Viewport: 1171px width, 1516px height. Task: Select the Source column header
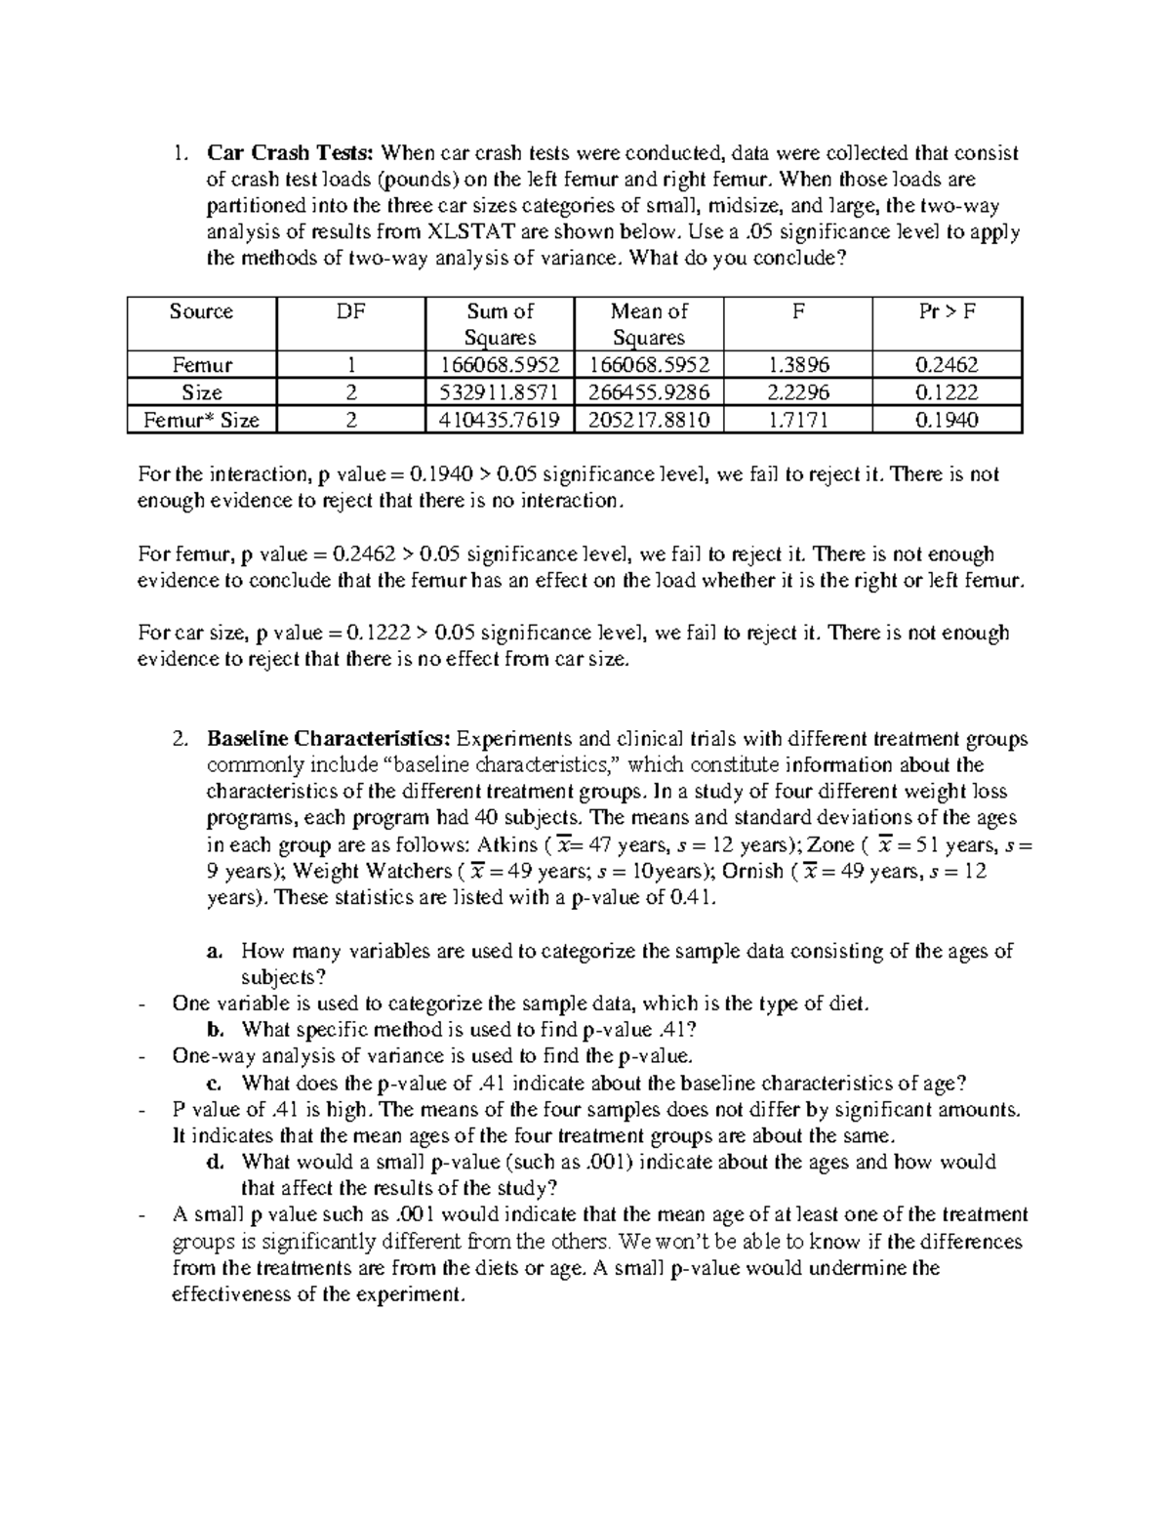click(201, 311)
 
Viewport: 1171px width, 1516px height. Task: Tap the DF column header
click(351, 311)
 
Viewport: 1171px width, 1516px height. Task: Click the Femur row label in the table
click(202, 366)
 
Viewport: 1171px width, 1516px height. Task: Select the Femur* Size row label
click(202, 421)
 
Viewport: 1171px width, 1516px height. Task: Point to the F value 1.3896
click(798, 366)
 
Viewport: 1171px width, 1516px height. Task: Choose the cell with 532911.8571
click(500, 393)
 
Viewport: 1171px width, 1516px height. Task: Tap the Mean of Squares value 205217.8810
click(649, 421)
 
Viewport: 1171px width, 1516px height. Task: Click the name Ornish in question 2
click(752, 871)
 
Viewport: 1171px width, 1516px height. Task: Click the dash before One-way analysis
click(143, 1056)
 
